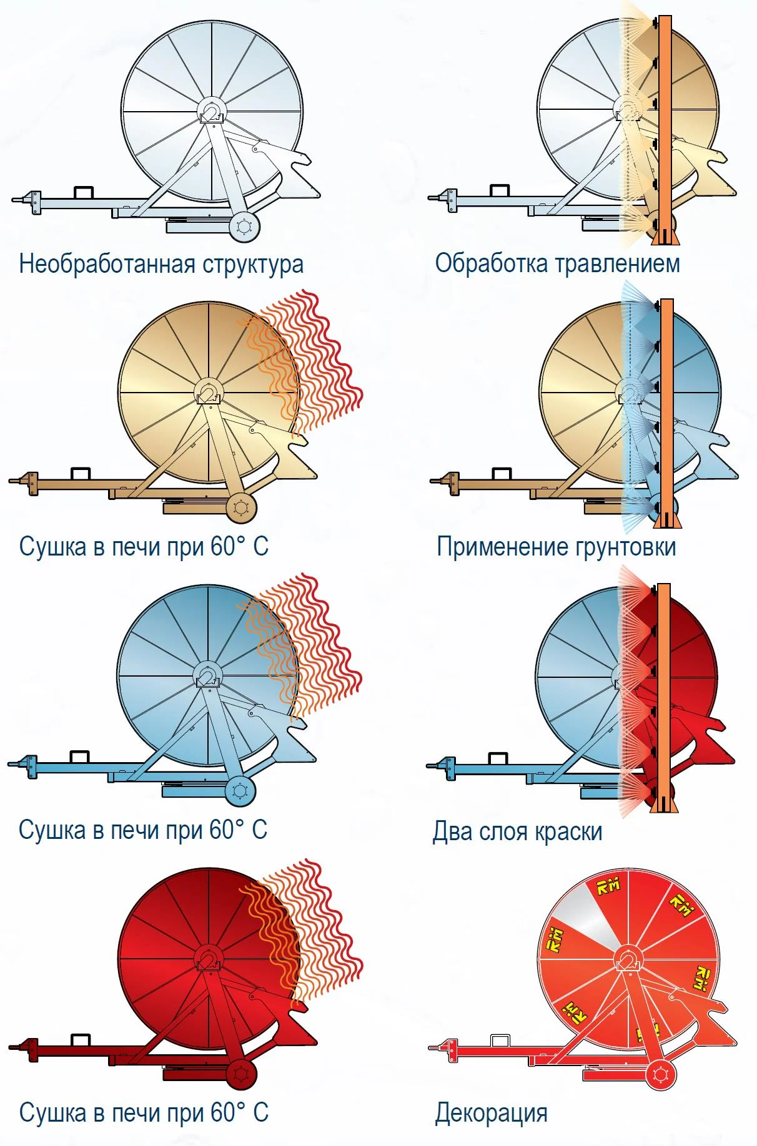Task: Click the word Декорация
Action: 491,1112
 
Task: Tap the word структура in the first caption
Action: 252,264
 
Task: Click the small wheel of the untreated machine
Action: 244,227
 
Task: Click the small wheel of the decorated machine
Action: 660,1075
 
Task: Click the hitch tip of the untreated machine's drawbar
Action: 15,200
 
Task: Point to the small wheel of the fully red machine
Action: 241,1074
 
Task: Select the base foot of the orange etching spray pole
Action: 665,238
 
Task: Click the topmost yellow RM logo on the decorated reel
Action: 607,886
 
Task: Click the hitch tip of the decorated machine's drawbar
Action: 433,1047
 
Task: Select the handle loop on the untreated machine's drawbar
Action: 83,191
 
